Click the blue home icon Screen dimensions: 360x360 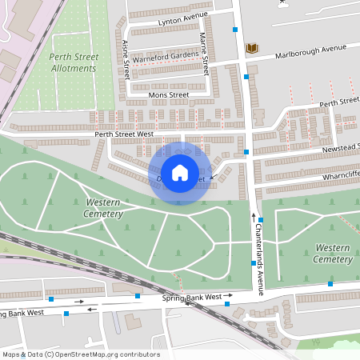point(180,172)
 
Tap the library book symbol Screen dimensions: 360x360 point(252,49)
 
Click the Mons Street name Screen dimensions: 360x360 point(168,94)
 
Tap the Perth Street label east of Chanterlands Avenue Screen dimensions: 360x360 point(339,102)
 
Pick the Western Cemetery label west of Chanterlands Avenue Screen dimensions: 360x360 point(104,208)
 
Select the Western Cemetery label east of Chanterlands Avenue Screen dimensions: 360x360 point(333,254)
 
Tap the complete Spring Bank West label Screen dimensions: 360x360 point(192,298)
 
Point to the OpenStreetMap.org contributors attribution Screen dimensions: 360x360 point(80,354)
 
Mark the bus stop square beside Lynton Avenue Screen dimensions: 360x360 point(235,30)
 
